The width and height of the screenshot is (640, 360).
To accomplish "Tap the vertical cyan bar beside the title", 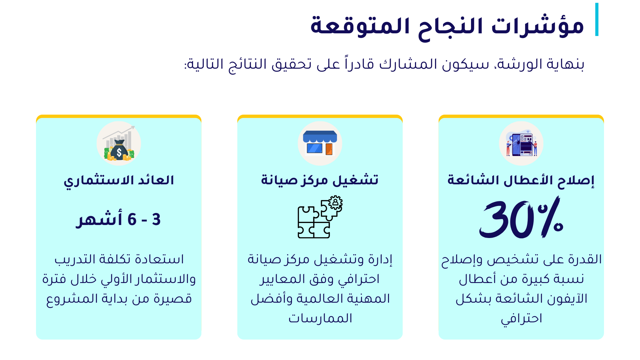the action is tap(597, 19).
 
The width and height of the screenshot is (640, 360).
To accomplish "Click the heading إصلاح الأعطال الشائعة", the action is tap(521, 180).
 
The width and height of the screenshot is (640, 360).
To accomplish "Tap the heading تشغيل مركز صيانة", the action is tap(320, 180).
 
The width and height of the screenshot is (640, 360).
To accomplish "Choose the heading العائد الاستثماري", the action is tap(119, 181).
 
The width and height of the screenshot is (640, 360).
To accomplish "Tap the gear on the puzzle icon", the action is tap(335, 202).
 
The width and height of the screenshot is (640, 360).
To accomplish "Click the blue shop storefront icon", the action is tap(320, 143).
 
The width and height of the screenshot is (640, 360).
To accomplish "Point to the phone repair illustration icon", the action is tap(521, 144).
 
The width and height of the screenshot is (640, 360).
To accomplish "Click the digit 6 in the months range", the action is tap(132, 220).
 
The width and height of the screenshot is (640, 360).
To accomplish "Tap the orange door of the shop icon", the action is tap(329, 149).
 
